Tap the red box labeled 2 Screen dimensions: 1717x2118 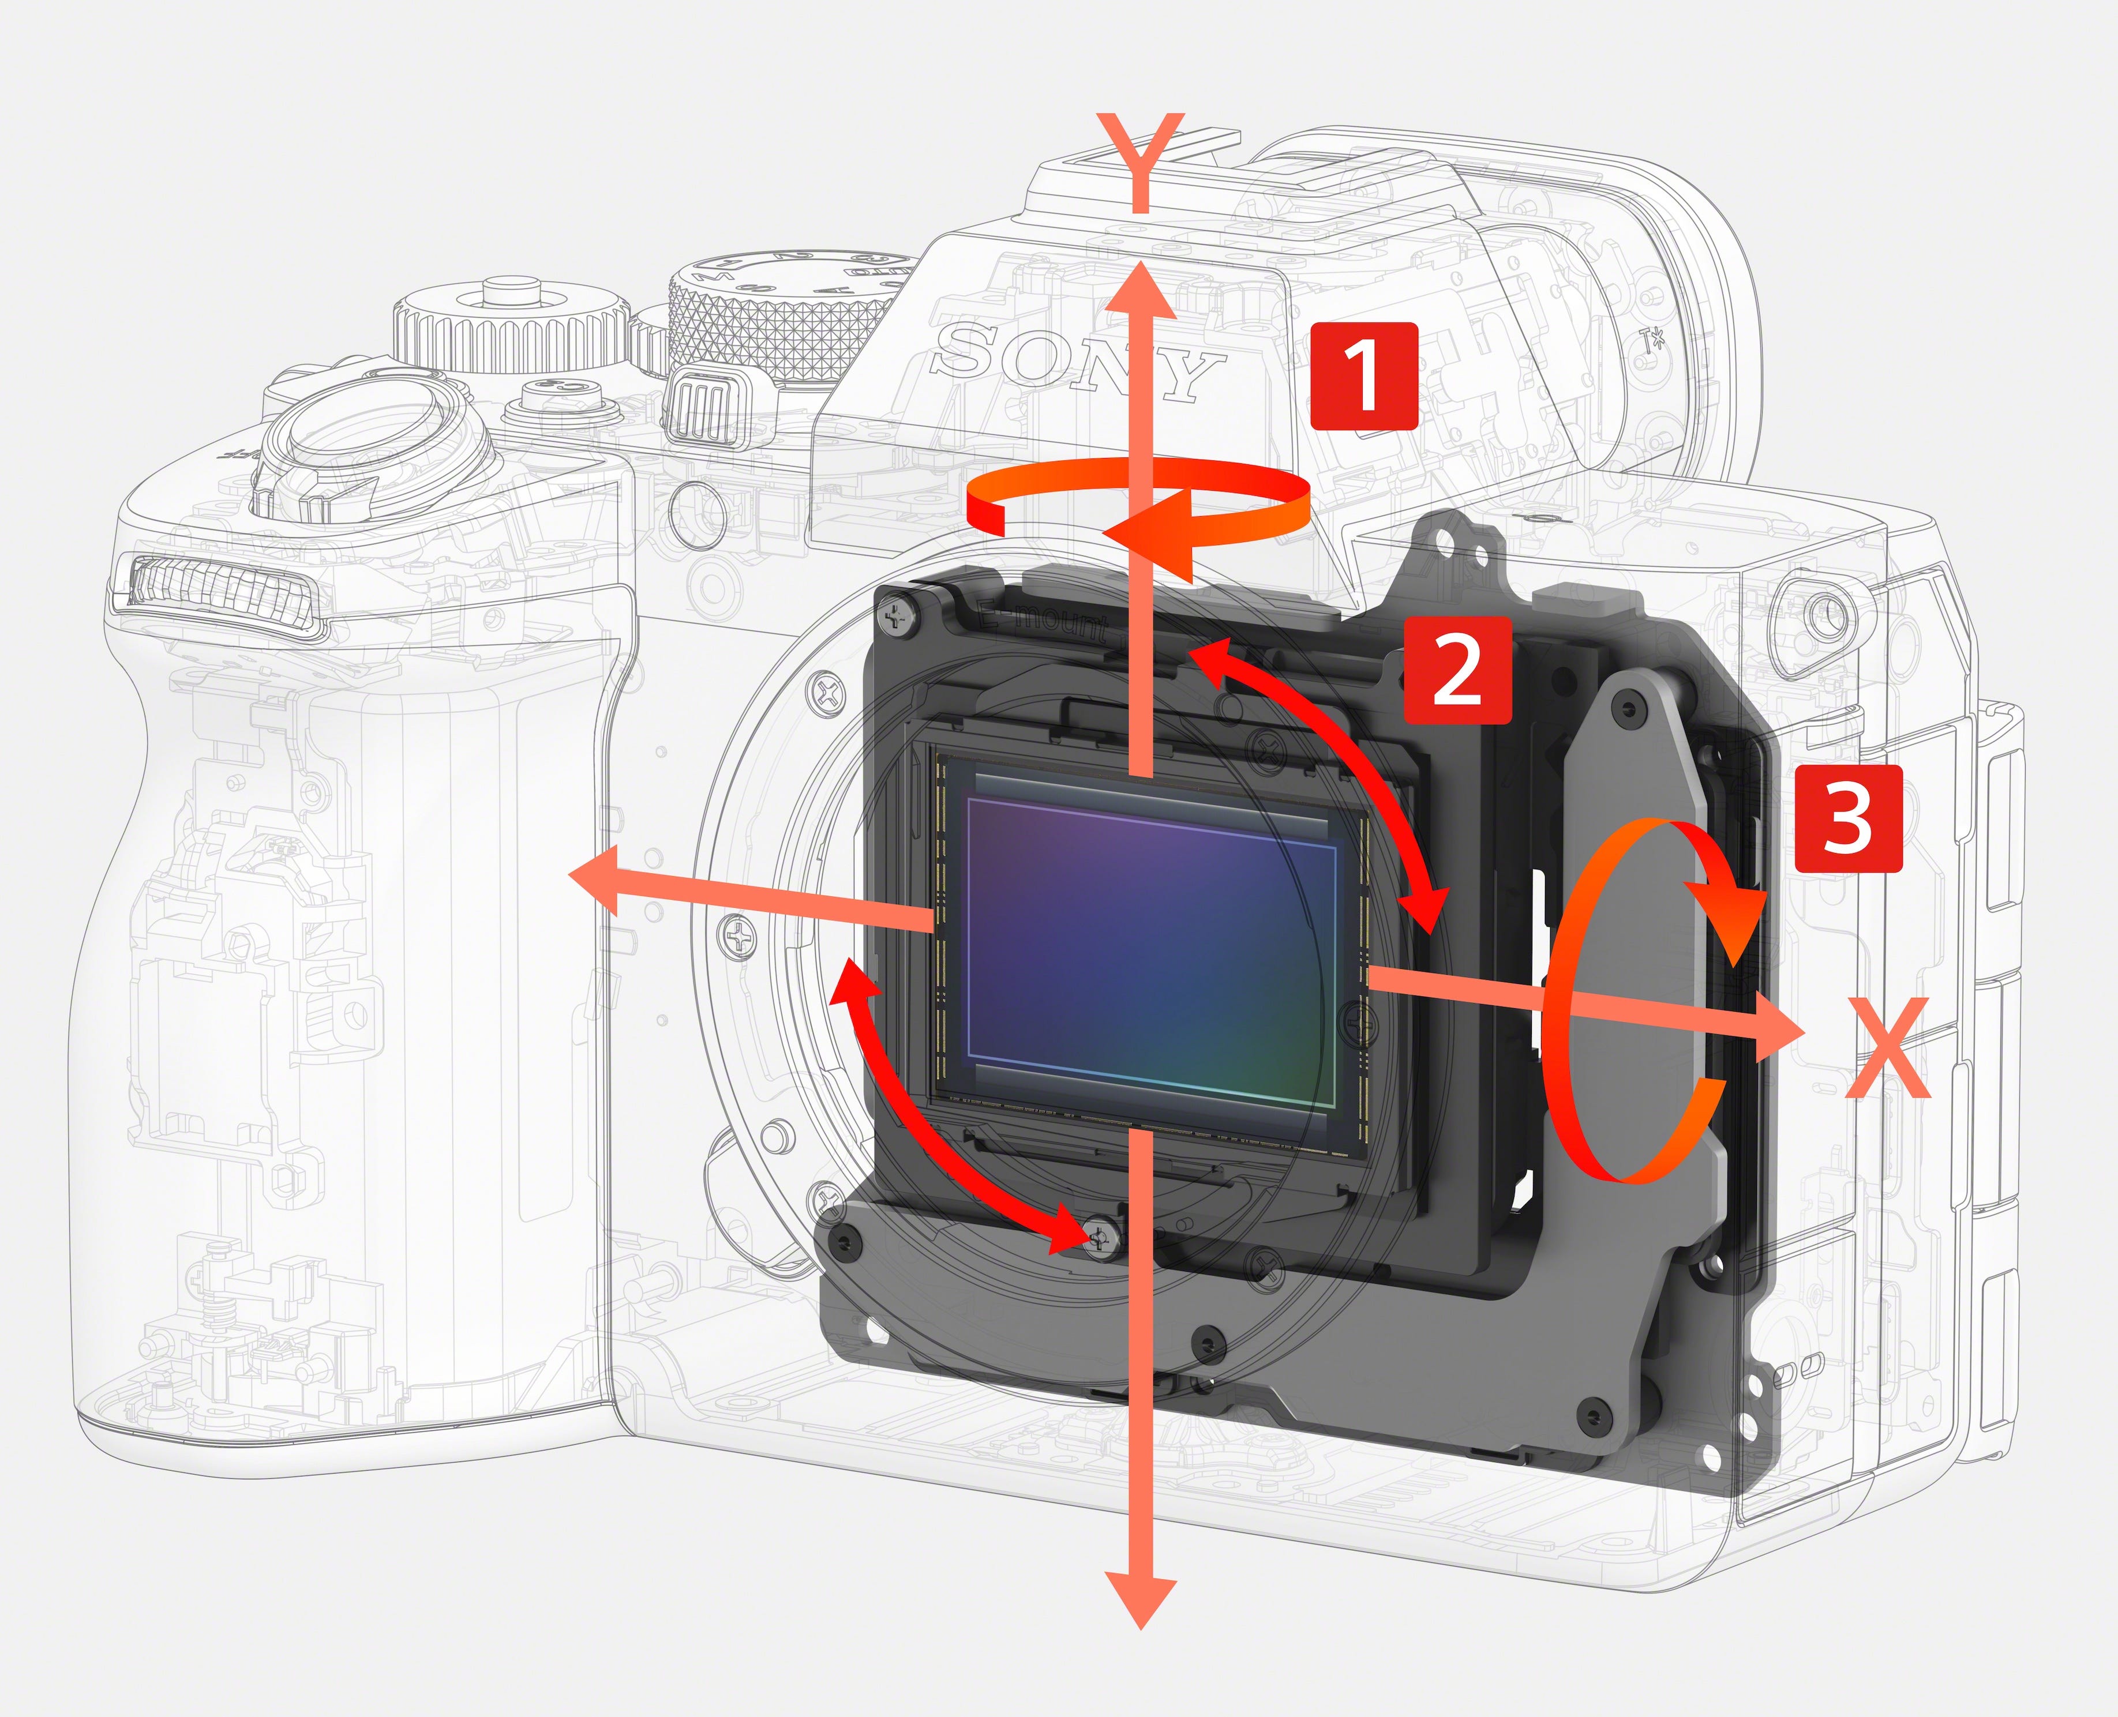click(1458, 670)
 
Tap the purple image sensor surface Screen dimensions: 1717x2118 click(1148, 940)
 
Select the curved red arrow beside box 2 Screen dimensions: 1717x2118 click(1336, 761)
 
